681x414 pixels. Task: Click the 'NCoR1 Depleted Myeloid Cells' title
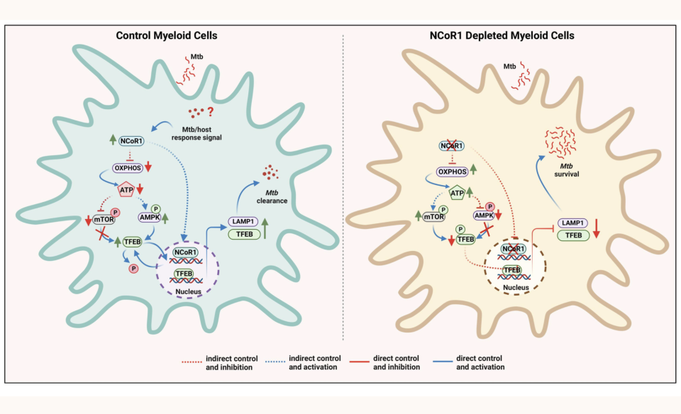pos(513,35)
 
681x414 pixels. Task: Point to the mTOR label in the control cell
pos(105,220)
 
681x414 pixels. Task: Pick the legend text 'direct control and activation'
pos(480,362)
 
